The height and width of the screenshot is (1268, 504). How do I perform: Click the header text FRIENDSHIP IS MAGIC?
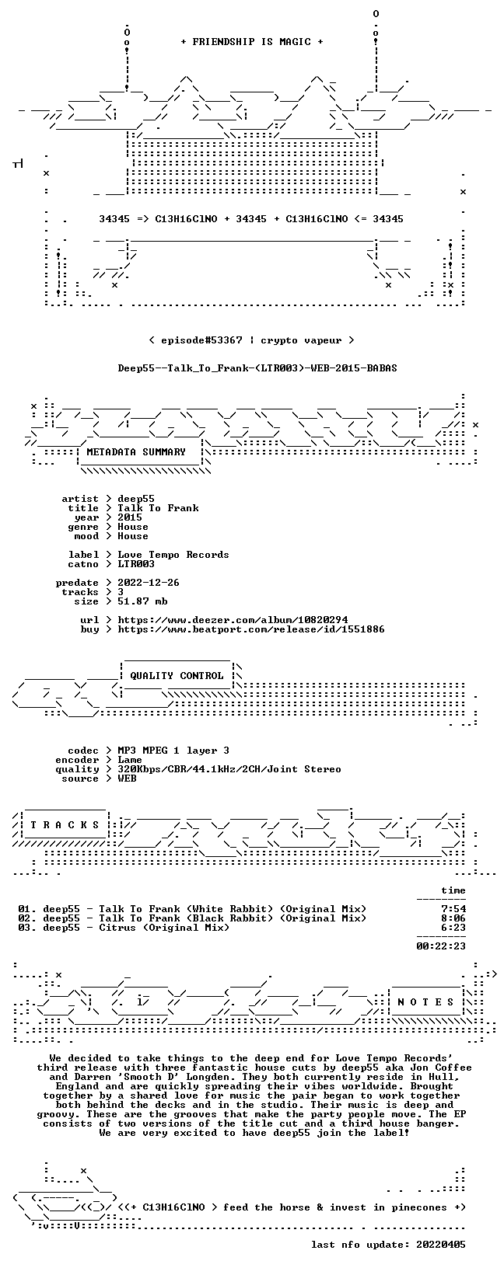tap(252, 42)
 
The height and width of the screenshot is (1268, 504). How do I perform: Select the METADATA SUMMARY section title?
tap(136, 452)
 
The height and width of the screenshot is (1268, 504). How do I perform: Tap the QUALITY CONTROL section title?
tap(177, 676)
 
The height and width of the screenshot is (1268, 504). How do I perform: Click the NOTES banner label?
tap(425, 1002)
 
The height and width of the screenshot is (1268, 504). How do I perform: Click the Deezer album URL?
tap(233, 620)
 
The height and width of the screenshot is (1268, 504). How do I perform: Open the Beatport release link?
tap(251, 629)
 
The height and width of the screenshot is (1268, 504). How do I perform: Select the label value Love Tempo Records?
tap(173, 555)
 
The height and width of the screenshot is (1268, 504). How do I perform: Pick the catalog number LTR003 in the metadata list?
tap(136, 564)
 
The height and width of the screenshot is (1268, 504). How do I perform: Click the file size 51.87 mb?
tap(142, 601)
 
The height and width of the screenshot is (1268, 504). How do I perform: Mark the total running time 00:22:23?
tap(441, 946)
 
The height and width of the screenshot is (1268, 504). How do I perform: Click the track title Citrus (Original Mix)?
tap(164, 928)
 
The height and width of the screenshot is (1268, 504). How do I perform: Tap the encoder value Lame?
tap(130, 760)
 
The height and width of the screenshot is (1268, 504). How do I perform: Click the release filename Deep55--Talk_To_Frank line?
tap(257, 368)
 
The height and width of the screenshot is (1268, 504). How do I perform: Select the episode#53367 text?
tap(201, 341)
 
